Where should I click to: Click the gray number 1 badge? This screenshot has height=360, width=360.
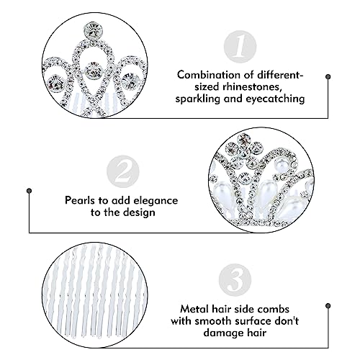coord(240,47)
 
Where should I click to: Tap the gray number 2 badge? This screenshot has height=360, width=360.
coord(123,171)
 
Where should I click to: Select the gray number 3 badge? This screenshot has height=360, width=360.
coord(235,280)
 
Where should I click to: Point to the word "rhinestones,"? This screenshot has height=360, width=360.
coord(251,86)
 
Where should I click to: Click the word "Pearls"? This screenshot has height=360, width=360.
coord(80,200)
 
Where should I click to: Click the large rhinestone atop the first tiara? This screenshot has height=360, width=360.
coord(93,31)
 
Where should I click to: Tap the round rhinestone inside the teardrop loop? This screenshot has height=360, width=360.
coord(94,71)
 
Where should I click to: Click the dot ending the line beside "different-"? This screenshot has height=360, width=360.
coord(328,77)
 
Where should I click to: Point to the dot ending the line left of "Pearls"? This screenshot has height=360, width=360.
coord(30,191)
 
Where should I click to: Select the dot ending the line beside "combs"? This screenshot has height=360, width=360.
coord(328,306)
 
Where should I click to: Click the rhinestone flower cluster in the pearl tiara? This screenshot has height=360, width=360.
coord(244,152)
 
